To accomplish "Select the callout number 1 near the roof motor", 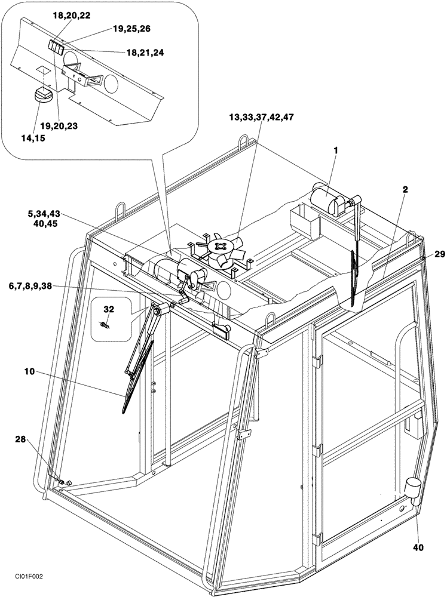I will [x=336, y=151].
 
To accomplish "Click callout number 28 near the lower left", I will [x=22, y=440].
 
